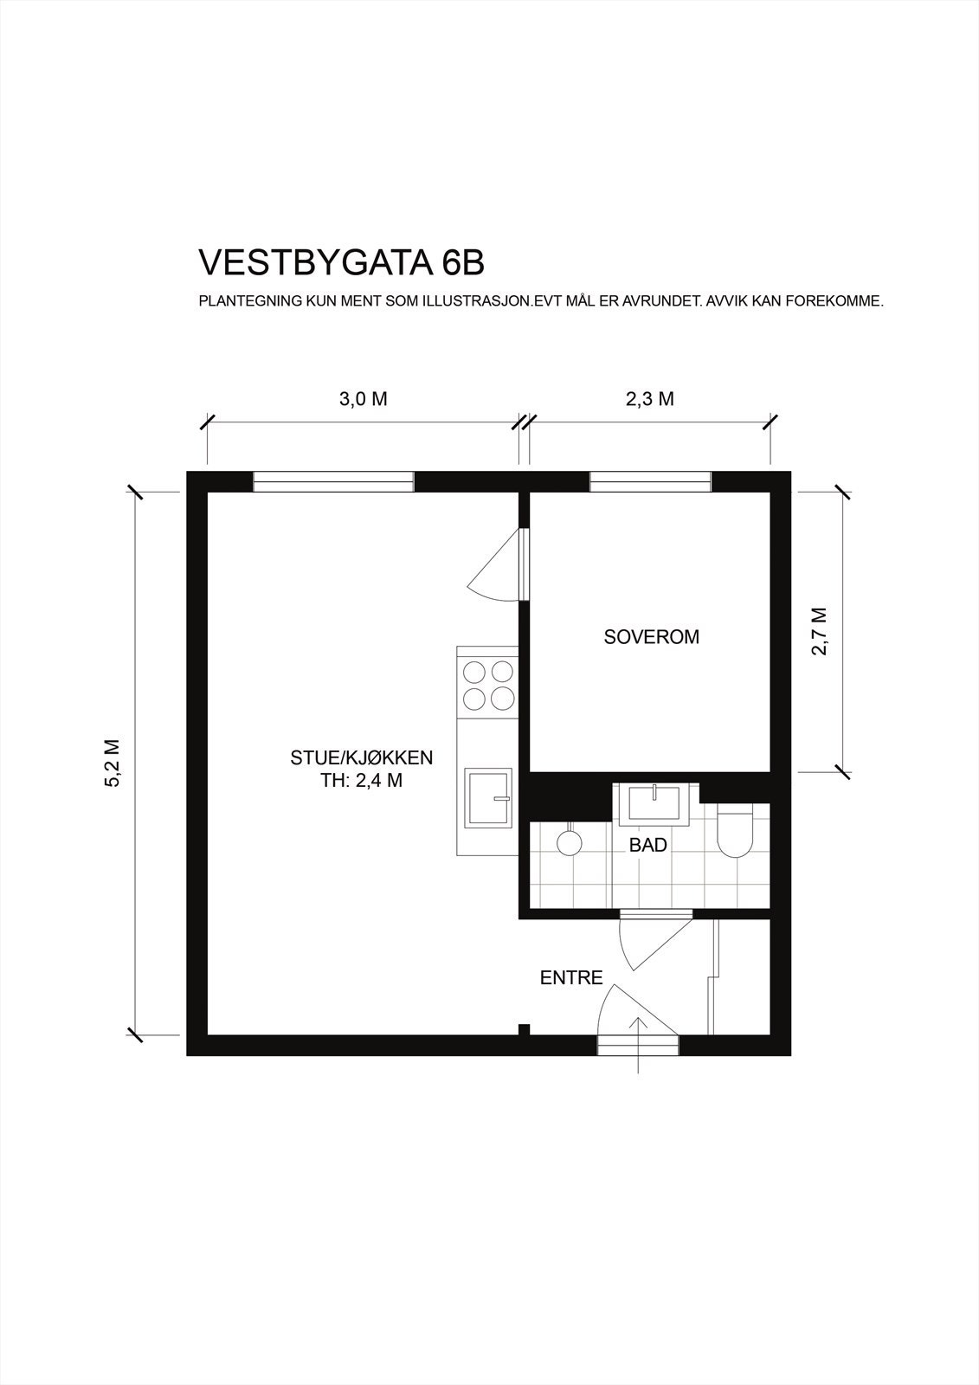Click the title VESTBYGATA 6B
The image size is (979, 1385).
click(x=341, y=263)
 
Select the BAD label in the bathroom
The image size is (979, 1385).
click(x=647, y=846)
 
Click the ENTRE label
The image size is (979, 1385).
click(x=571, y=979)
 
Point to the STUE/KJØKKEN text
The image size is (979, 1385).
click(x=361, y=758)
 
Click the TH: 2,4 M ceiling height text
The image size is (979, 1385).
click(x=361, y=781)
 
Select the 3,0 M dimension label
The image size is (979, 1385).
click(x=363, y=399)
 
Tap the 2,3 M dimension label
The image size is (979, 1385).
click(x=649, y=399)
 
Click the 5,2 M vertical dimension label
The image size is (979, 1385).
click(x=113, y=763)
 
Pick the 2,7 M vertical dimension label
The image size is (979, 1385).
click(x=820, y=631)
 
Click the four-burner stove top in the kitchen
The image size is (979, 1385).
click(x=487, y=685)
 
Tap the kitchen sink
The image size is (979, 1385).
click(x=488, y=798)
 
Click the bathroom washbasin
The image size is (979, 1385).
click(x=654, y=803)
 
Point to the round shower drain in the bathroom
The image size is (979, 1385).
click(x=569, y=841)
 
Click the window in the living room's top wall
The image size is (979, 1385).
click(x=333, y=482)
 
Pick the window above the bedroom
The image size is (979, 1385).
click(x=650, y=482)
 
